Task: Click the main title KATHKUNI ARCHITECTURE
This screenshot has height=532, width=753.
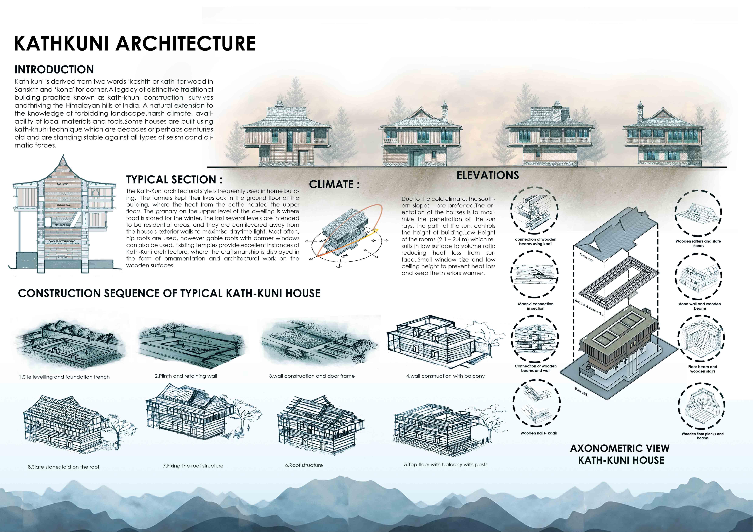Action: (x=134, y=44)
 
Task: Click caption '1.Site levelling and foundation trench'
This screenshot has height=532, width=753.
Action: (x=64, y=377)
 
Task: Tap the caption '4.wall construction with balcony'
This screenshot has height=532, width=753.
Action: (x=445, y=376)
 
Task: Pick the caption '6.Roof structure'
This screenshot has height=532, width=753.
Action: (x=304, y=465)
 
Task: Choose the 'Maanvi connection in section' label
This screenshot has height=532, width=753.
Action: (x=535, y=306)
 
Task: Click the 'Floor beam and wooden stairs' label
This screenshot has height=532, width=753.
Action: (x=702, y=369)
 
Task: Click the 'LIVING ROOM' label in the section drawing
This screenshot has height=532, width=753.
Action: (x=64, y=205)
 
